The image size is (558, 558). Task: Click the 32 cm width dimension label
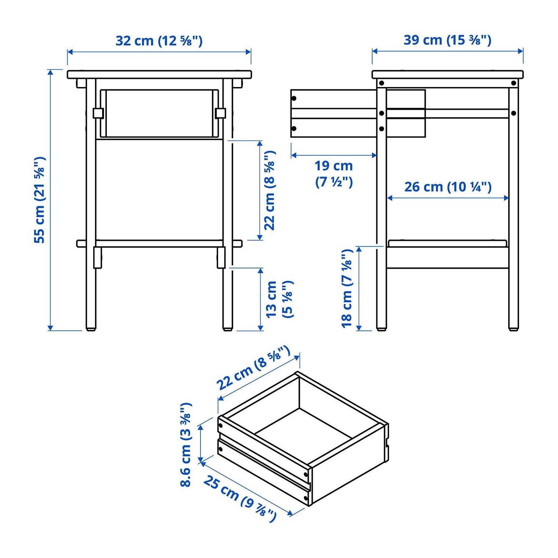[x=159, y=40]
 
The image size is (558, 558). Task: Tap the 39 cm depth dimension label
[x=447, y=40]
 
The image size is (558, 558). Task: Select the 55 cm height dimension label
[x=40, y=200]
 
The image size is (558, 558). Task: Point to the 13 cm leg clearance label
[x=279, y=299]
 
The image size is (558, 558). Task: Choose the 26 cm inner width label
[x=448, y=187]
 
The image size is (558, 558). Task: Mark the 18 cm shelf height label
[x=347, y=288]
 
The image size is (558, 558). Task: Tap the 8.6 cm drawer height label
[x=186, y=445]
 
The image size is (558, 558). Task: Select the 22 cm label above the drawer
[x=253, y=368]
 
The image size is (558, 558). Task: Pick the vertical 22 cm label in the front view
[x=270, y=190]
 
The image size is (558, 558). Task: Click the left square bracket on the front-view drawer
[x=98, y=113]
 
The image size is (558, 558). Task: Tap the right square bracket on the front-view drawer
[x=220, y=113]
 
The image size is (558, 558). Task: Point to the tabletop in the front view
[x=159, y=75]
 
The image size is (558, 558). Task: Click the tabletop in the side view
[x=448, y=75]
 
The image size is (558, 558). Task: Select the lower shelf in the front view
[x=159, y=243]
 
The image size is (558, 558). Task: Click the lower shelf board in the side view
[x=448, y=243]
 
